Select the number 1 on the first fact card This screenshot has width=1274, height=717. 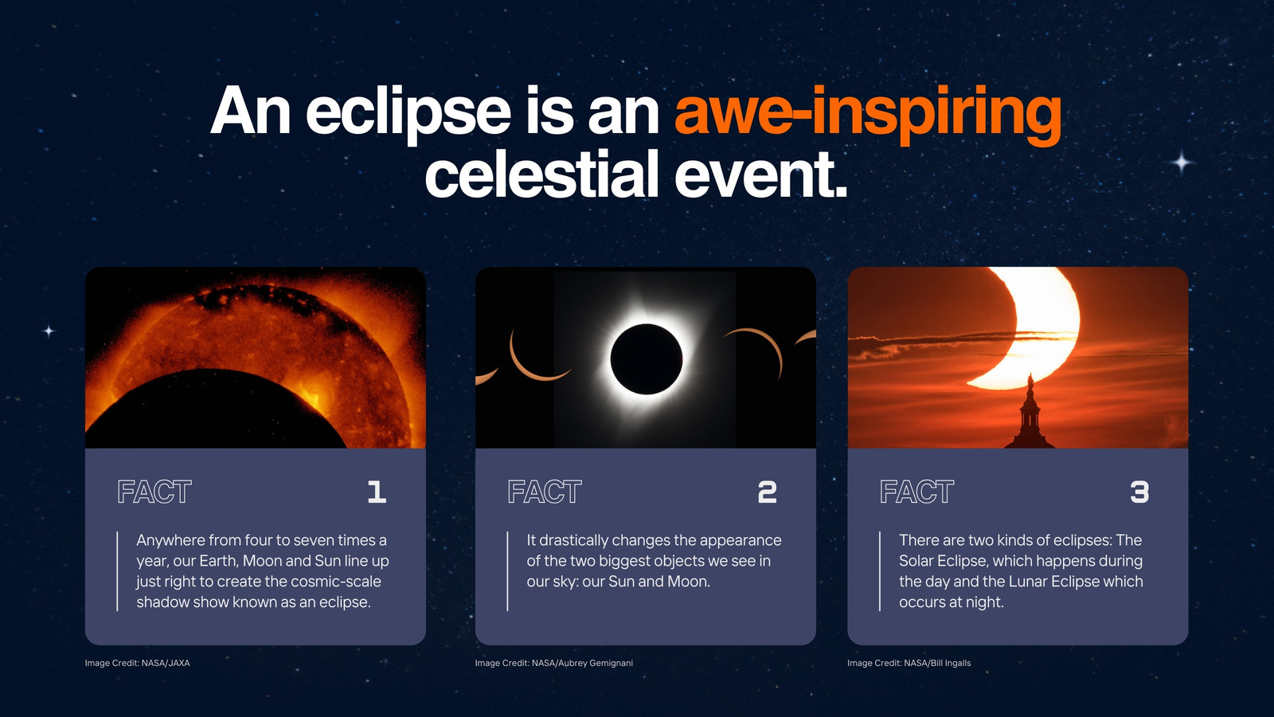point(377,492)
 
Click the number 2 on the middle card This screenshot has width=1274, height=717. point(768,492)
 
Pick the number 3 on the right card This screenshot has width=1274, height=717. point(1139,492)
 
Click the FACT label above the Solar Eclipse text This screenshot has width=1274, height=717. point(916,492)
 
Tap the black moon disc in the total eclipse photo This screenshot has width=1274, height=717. point(646,359)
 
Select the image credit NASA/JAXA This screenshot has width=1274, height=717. point(137,663)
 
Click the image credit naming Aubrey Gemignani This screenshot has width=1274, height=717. point(554,663)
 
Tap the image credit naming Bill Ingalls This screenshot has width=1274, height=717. point(909,663)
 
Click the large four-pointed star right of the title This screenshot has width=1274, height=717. point(1182,163)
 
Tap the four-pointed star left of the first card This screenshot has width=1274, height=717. point(49,331)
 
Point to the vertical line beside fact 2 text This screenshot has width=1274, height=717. point(507,571)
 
